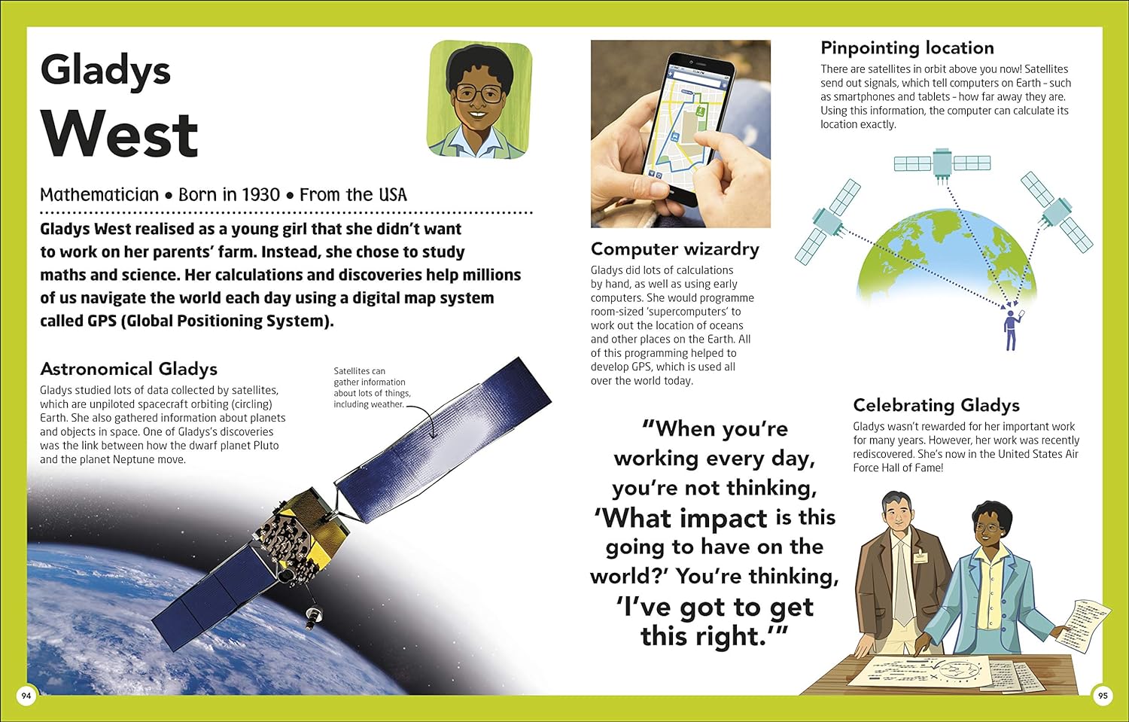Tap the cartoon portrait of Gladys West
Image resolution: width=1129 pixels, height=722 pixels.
[x=479, y=99]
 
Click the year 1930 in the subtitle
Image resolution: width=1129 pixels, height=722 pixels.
[x=260, y=195]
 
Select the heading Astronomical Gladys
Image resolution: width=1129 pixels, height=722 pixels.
[x=129, y=369]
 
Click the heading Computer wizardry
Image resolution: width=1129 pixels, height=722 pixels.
[x=675, y=249]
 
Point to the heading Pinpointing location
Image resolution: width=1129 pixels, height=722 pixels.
[x=907, y=48]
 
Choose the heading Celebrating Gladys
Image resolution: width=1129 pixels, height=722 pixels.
[x=936, y=405]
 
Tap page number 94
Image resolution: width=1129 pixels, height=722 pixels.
[x=26, y=696]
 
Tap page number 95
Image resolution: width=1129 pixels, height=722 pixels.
[x=1103, y=696]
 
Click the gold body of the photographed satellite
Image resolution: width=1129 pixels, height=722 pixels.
[x=303, y=535]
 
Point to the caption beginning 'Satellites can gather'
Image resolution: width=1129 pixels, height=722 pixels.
[x=372, y=387]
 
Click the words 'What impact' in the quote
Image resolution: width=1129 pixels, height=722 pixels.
[x=680, y=518]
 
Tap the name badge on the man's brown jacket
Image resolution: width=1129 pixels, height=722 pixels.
[x=921, y=556]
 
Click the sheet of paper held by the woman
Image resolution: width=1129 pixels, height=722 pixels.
[x=1083, y=625]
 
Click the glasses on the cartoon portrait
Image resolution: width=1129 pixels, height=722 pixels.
[x=479, y=94]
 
